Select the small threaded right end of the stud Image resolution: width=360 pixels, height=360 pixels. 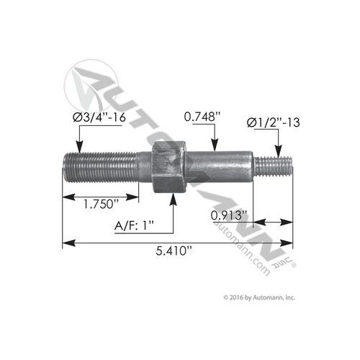(x=278, y=167)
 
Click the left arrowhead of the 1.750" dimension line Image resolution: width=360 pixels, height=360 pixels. (x=67, y=194)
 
